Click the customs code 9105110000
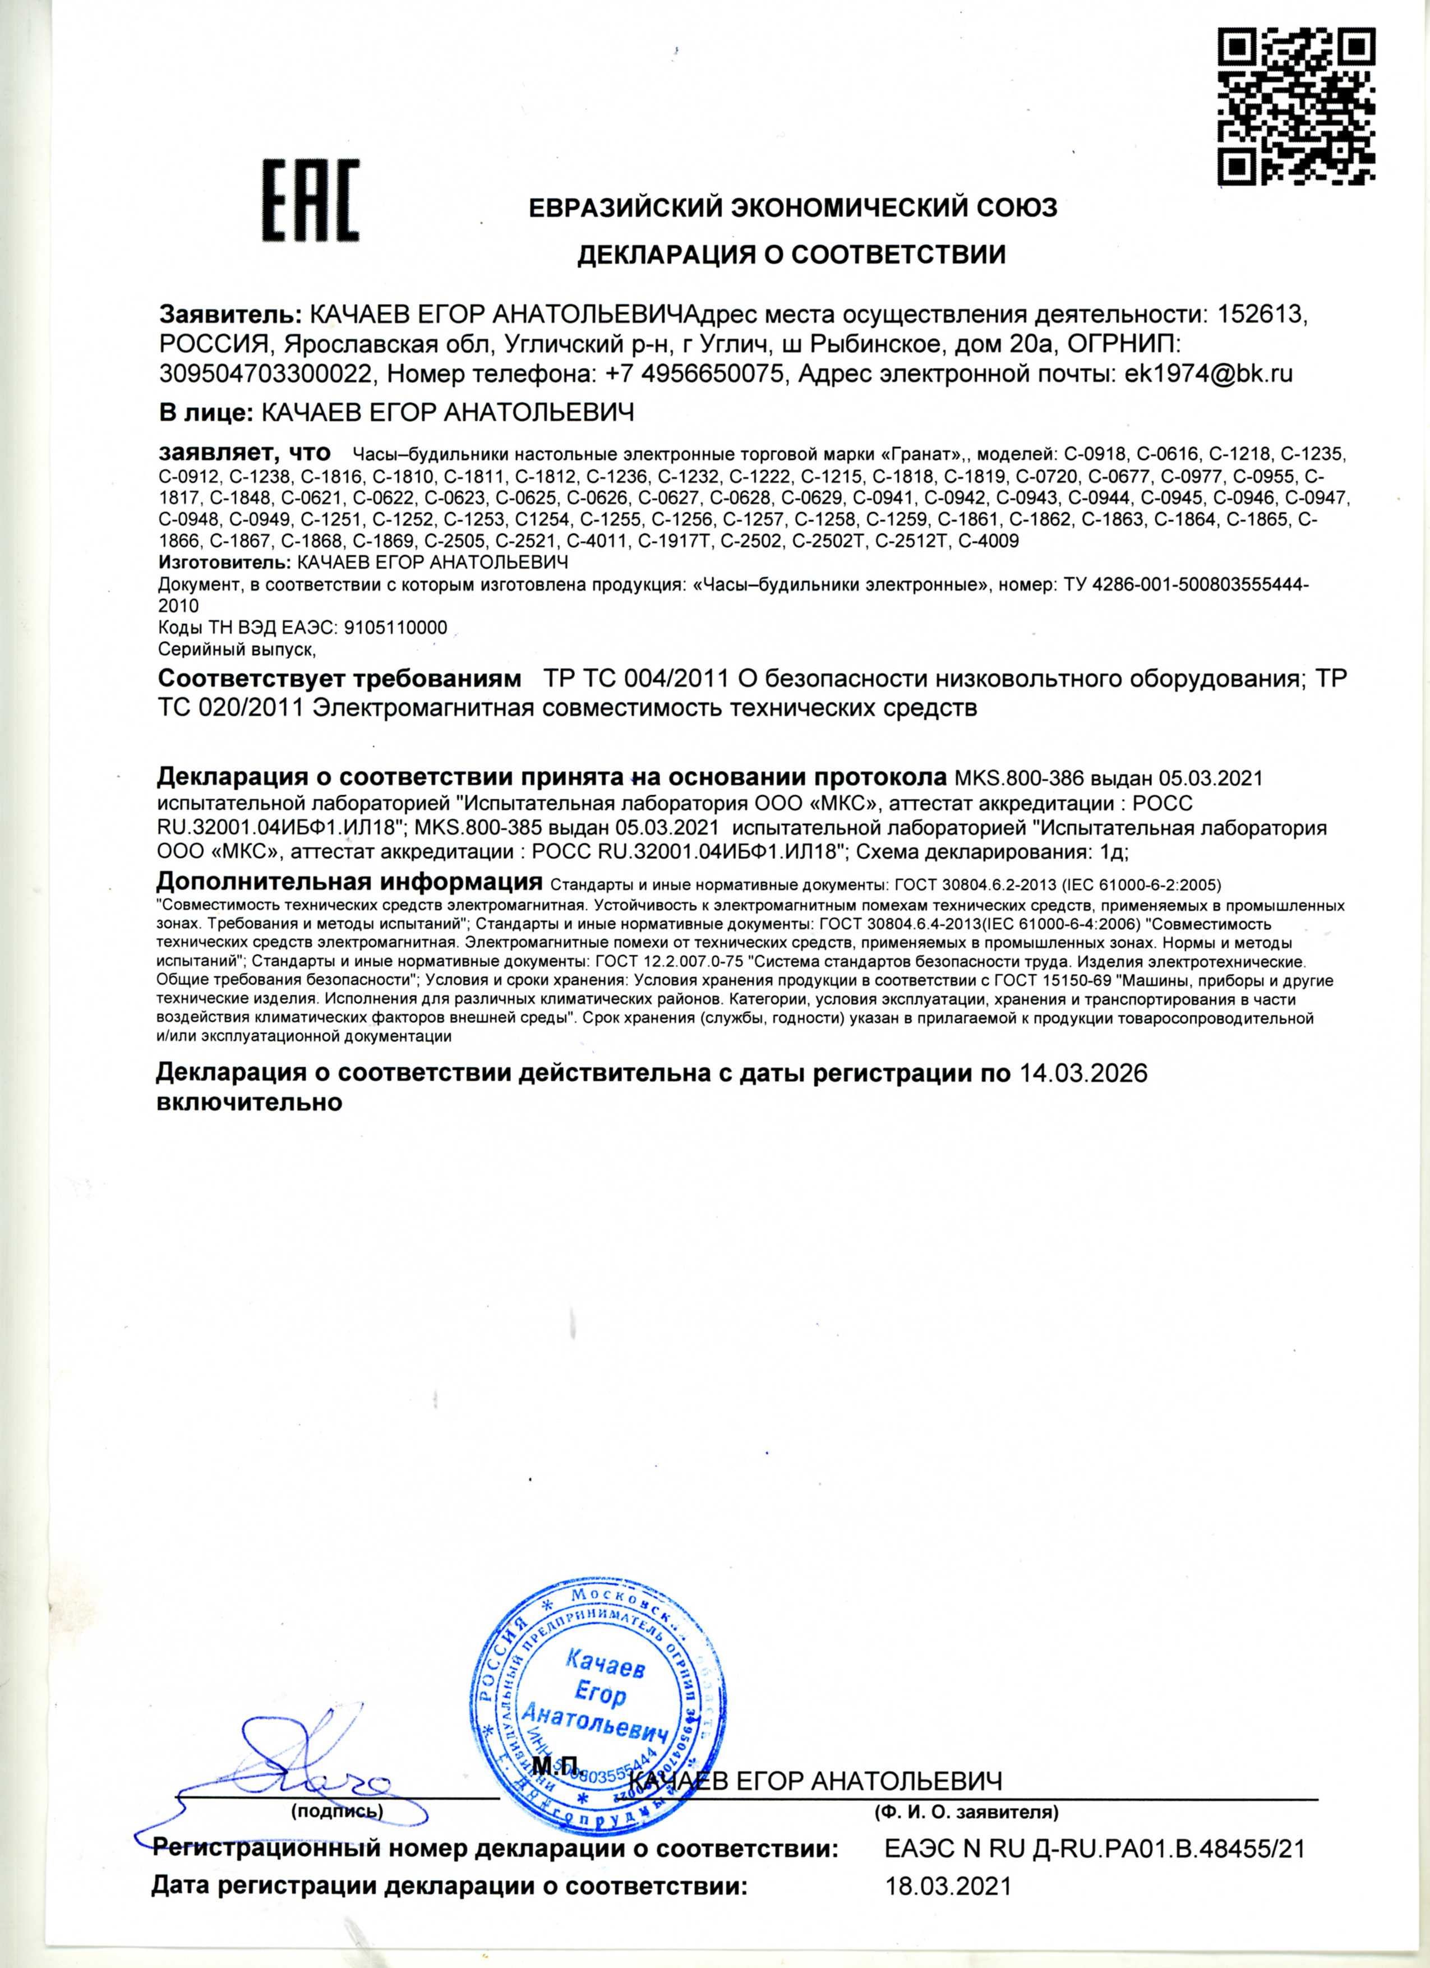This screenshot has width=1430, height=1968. (x=396, y=628)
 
